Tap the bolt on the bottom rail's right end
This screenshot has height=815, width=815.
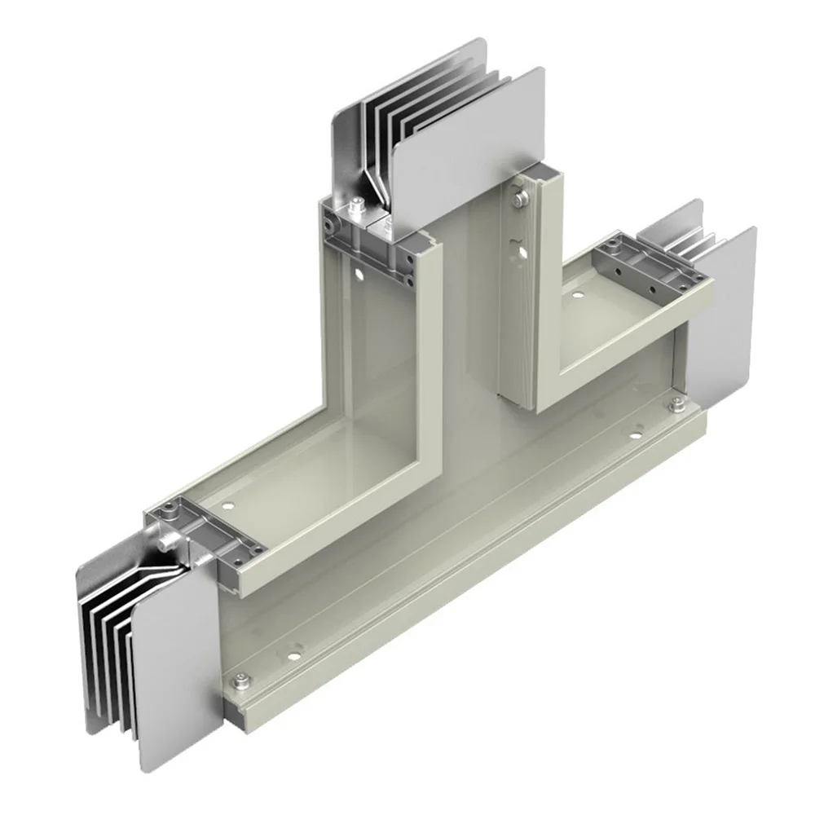675,405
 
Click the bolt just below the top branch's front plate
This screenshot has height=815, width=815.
519,196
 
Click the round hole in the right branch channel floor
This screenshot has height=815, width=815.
577,294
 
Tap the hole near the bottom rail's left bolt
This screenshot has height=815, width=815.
287,651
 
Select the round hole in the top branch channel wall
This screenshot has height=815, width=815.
356,274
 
